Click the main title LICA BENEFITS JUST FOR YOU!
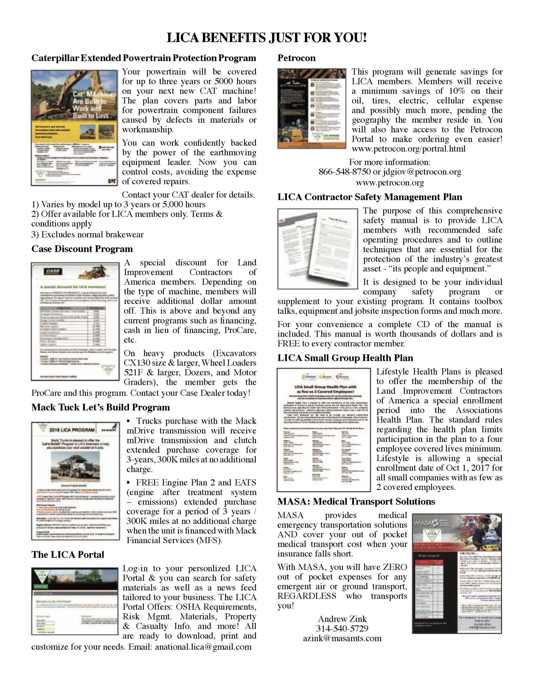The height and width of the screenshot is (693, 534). point(267,38)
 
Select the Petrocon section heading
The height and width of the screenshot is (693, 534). point(296,58)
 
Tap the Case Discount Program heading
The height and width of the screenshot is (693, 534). point(82,249)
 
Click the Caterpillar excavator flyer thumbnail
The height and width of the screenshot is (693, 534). point(75,128)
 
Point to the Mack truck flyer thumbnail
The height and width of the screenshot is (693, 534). point(75,481)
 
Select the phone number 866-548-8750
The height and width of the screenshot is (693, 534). point(344,172)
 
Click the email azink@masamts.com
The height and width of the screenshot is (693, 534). point(342,638)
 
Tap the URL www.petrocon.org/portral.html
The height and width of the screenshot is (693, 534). point(408,149)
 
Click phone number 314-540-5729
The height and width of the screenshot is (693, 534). point(342,628)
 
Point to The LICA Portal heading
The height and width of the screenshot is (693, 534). point(68,554)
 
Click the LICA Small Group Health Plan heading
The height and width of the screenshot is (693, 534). point(345,358)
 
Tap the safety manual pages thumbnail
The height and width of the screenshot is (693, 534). point(317,249)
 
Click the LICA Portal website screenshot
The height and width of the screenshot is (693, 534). point(75,601)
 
